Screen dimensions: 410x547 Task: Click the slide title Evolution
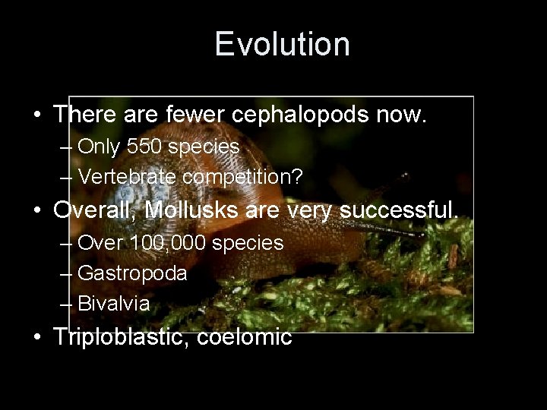click(x=282, y=44)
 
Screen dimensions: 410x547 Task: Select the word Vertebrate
click(x=128, y=177)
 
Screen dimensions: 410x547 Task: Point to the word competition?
click(x=243, y=177)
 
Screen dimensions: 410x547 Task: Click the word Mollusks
click(x=191, y=210)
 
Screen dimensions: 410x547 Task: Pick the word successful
click(x=399, y=210)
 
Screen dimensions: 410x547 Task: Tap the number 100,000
click(x=167, y=244)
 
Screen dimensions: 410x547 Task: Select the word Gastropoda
click(x=132, y=273)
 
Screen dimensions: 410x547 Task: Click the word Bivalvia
click(x=114, y=304)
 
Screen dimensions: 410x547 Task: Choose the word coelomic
click(x=244, y=337)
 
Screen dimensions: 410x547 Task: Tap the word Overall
click(x=94, y=210)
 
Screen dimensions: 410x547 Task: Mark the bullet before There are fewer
click(x=37, y=115)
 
